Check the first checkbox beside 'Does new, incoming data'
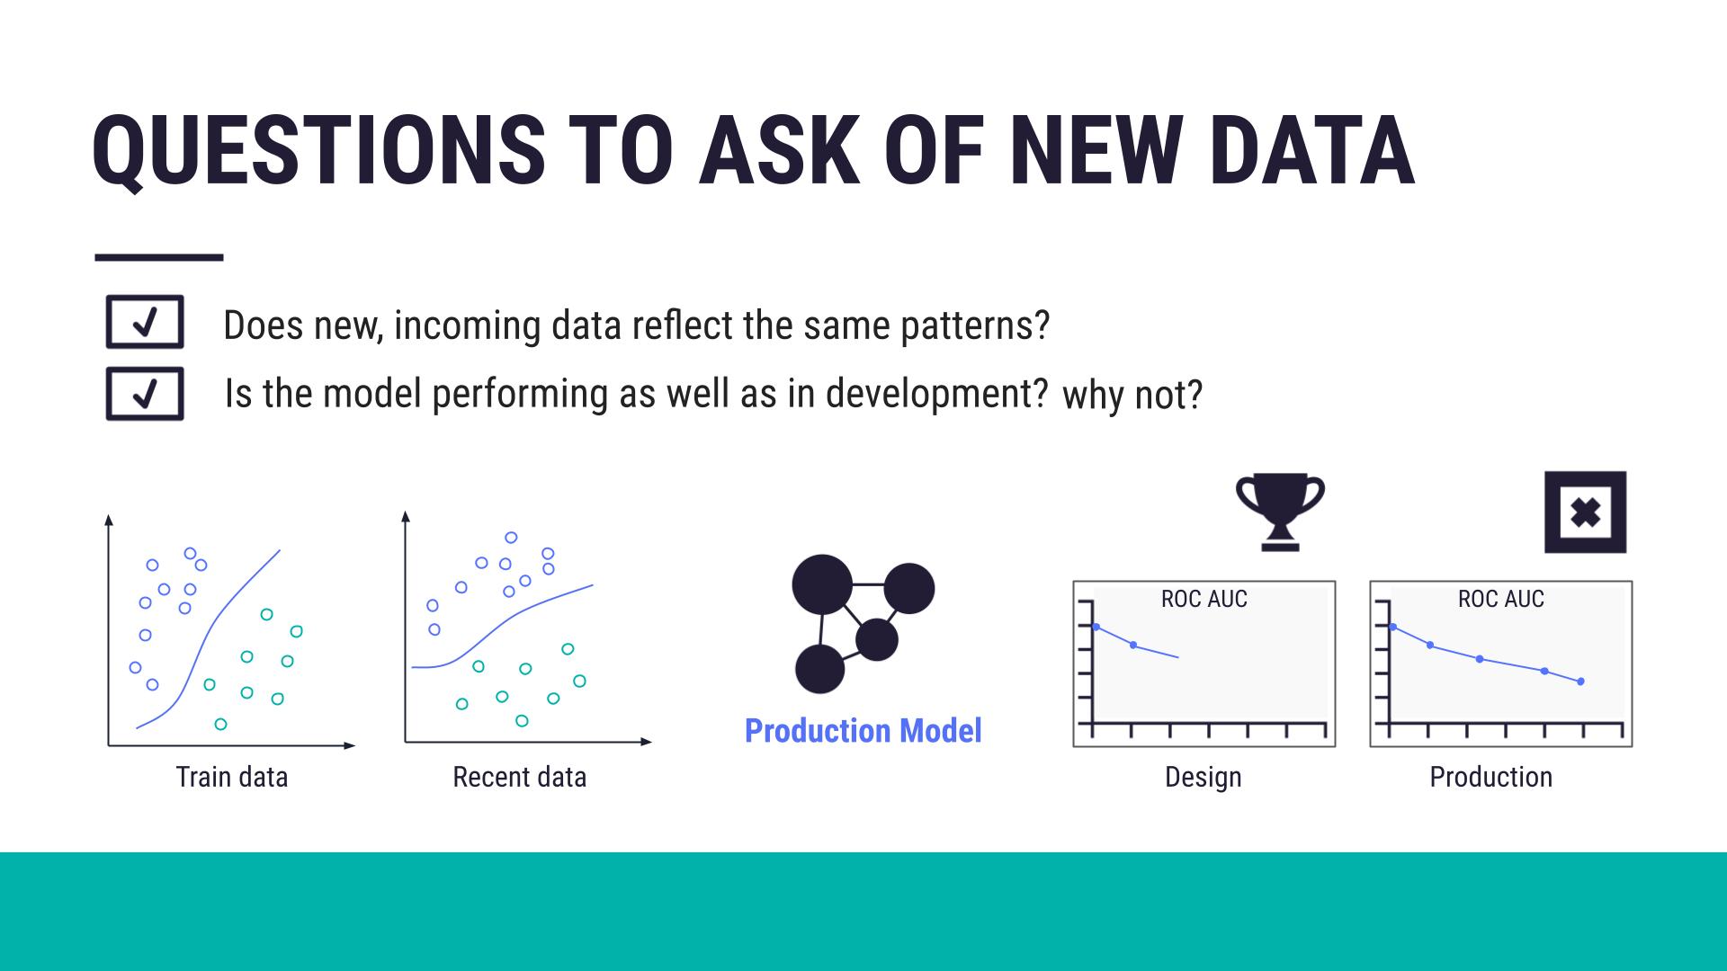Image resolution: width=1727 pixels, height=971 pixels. click(x=145, y=322)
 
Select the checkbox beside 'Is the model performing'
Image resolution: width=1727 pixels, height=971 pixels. click(x=145, y=394)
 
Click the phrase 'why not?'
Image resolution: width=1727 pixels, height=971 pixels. click(x=1132, y=396)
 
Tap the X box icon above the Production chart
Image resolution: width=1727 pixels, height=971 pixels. click(x=1585, y=512)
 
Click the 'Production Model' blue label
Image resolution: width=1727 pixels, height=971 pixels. click(x=863, y=731)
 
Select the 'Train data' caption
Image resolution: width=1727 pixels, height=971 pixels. click(x=232, y=777)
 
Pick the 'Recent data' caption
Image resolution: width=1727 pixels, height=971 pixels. click(x=519, y=777)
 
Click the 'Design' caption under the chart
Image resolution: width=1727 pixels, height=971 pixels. click(x=1203, y=777)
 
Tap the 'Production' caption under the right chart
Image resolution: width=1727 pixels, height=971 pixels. click(x=1490, y=777)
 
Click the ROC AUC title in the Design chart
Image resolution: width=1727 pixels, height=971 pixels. click(x=1204, y=599)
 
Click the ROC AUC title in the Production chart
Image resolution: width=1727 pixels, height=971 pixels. click(x=1500, y=599)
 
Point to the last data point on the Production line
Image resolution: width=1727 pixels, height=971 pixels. click(x=1580, y=681)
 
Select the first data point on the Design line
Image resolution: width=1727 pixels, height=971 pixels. click(x=1096, y=627)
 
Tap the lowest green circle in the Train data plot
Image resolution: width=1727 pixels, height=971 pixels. click(x=220, y=724)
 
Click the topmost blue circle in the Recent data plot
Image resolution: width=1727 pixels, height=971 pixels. click(x=511, y=538)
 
